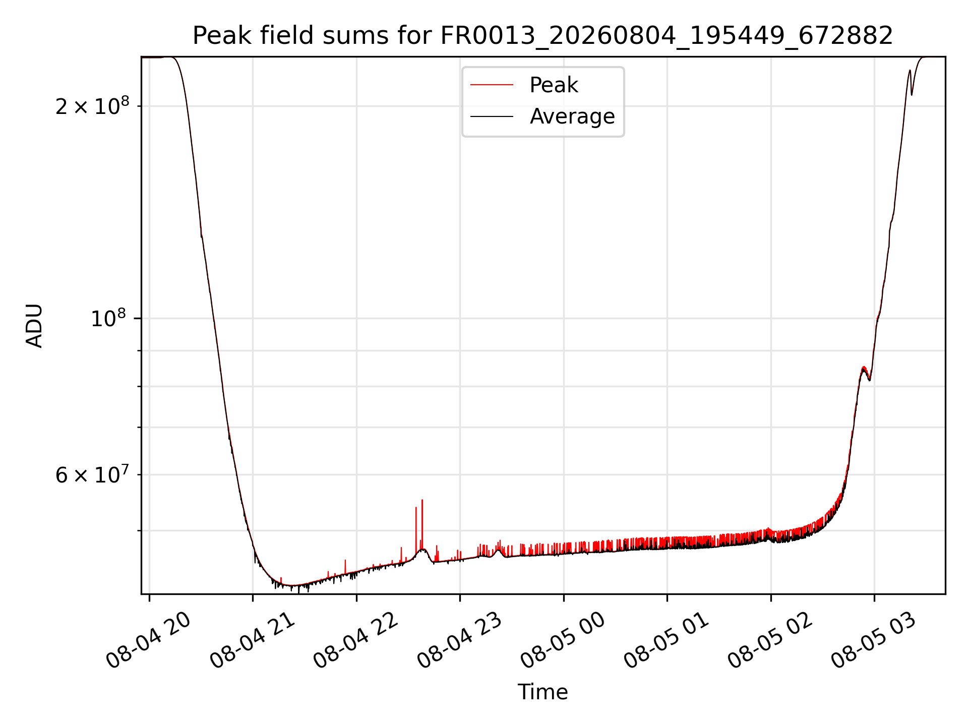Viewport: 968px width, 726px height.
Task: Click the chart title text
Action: click(x=543, y=36)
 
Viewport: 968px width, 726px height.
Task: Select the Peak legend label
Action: click(x=554, y=85)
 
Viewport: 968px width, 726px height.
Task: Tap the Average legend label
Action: click(x=572, y=116)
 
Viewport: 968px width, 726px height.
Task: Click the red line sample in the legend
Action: click(x=492, y=85)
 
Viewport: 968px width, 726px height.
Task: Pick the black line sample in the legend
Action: click(x=492, y=116)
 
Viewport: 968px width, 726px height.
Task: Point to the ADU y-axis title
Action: click(x=34, y=326)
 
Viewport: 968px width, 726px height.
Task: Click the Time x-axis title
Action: click(x=543, y=692)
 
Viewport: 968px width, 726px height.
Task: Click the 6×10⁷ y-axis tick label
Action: click(x=92, y=474)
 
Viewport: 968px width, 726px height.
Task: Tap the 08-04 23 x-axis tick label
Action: click(x=460, y=640)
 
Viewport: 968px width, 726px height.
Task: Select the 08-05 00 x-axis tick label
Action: click(x=563, y=640)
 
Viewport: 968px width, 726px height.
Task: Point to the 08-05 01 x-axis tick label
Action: click(x=667, y=640)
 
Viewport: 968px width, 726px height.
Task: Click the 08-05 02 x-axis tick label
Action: click(x=770, y=640)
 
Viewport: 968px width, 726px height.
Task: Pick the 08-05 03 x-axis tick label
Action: click(x=874, y=640)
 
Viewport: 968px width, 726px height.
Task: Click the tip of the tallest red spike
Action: click(x=422, y=500)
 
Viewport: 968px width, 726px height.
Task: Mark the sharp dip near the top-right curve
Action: click(x=912, y=95)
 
